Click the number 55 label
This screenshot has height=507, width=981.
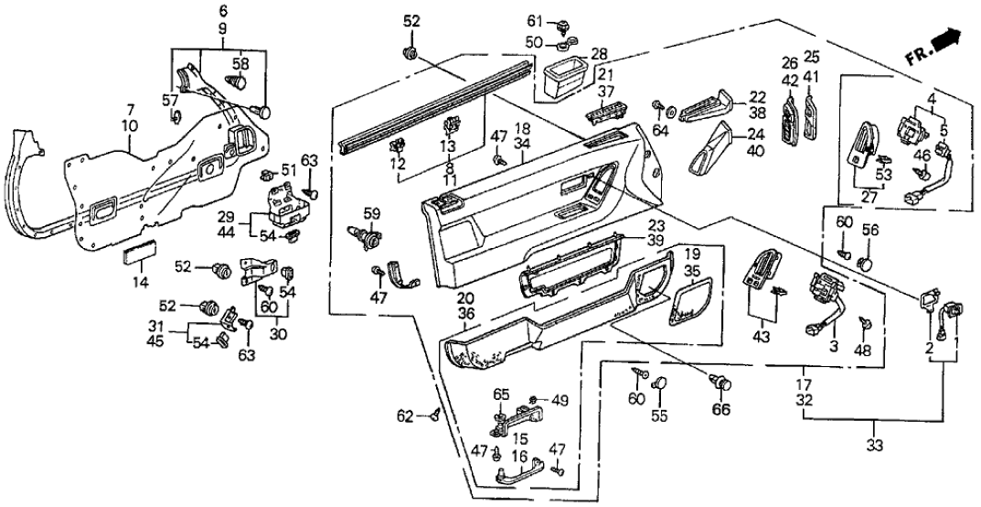pos(660,416)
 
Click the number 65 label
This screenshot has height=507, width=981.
pos(500,394)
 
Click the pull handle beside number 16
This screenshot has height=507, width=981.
pos(517,477)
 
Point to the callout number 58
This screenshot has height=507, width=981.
pos(240,64)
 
